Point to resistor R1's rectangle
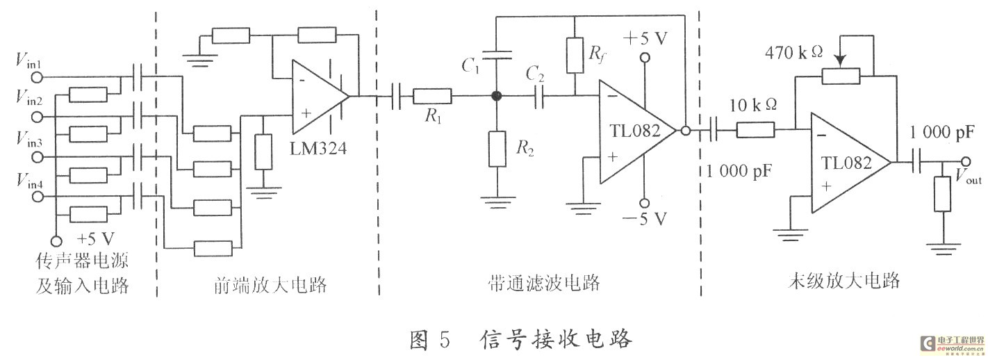click(x=433, y=97)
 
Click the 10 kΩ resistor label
click(x=755, y=105)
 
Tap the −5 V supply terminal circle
click(x=645, y=203)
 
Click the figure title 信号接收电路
click(x=556, y=338)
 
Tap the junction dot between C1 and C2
click(x=496, y=97)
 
